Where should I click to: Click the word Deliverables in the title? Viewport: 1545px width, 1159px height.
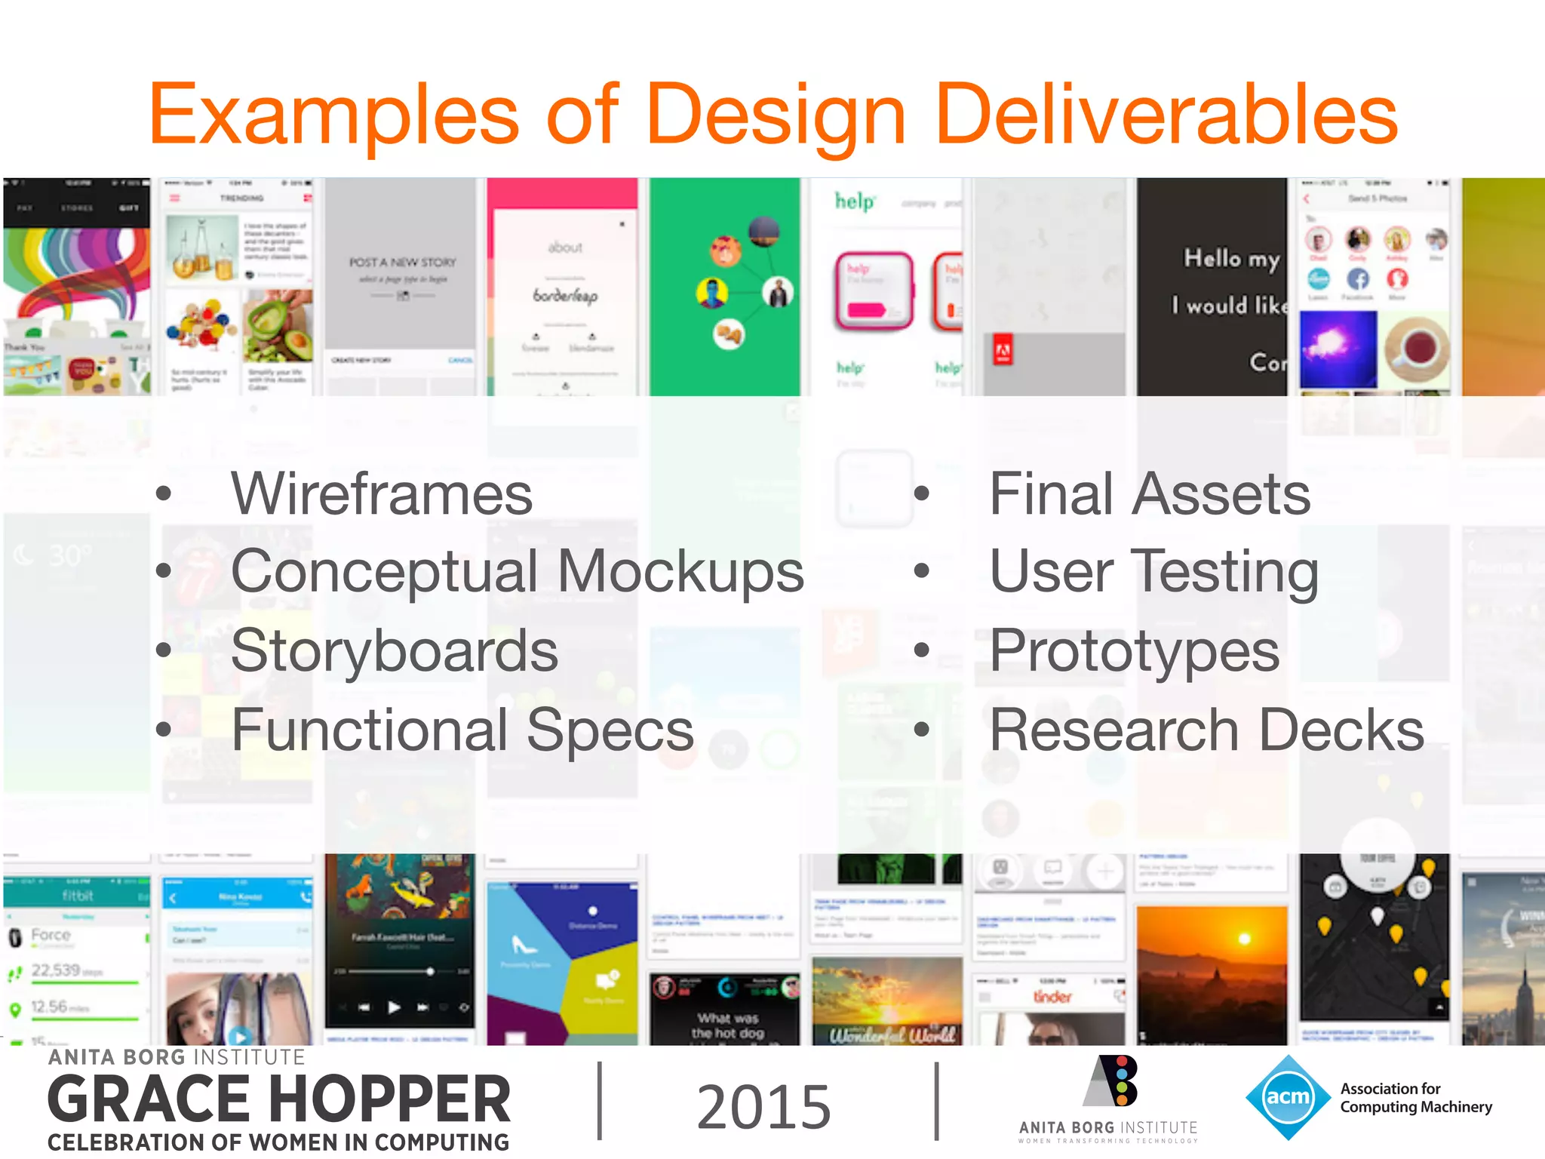tap(1166, 115)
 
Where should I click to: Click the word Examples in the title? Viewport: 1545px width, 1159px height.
tap(334, 115)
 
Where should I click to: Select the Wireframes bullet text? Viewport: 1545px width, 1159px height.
tap(382, 494)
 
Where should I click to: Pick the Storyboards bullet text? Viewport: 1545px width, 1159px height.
tap(394, 650)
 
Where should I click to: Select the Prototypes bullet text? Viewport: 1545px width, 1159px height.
tap(1134, 650)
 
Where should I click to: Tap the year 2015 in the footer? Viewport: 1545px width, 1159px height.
tap(763, 1107)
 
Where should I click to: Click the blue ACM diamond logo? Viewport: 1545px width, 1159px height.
tap(1287, 1097)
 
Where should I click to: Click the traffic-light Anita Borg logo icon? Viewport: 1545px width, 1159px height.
tap(1113, 1082)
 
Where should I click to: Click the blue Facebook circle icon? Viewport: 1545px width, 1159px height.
tap(1357, 279)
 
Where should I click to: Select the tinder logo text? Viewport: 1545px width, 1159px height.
tap(1052, 997)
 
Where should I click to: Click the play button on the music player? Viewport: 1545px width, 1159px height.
tap(394, 1007)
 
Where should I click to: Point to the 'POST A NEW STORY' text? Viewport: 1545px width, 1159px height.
tap(402, 263)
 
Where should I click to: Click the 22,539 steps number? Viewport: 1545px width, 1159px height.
tap(55, 970)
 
